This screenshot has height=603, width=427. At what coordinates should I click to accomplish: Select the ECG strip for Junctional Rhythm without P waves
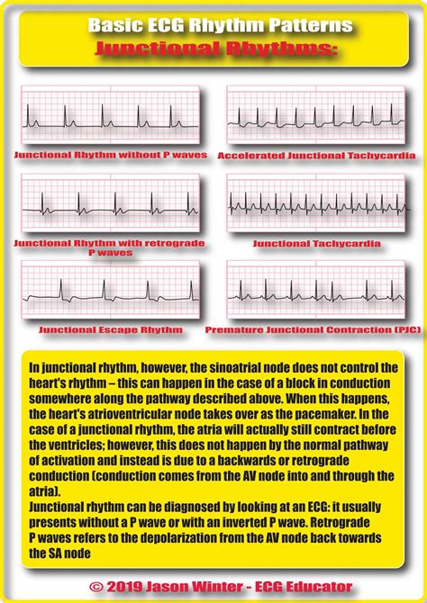[110, 117]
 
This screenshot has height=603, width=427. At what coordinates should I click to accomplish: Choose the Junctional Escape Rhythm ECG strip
[110, 291]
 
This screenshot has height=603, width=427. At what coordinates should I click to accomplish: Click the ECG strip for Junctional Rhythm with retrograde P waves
[110, 204]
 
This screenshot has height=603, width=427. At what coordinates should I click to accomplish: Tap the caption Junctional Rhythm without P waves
[110, 156]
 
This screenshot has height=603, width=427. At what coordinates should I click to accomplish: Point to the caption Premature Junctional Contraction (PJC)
[313, 330]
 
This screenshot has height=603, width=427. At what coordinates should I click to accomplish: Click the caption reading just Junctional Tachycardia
[316, 244]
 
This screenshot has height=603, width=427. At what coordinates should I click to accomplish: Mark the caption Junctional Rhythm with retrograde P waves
[110, 248]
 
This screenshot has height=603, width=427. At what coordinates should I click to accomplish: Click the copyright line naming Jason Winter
[213, 562]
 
